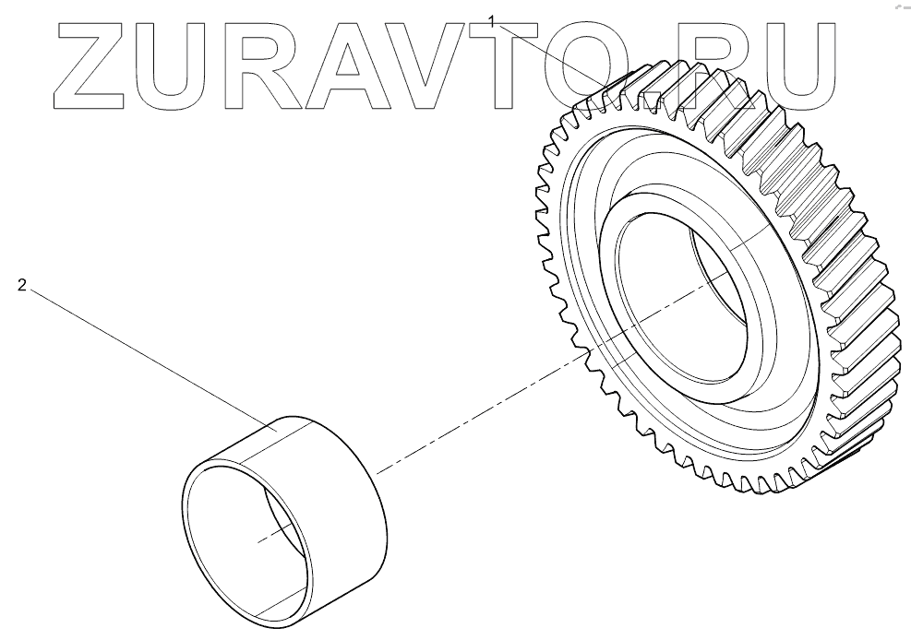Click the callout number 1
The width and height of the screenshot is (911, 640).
coord(493,19)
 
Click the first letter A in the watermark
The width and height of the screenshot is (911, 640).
coord(361,63)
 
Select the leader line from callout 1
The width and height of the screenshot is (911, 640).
coord(554,55)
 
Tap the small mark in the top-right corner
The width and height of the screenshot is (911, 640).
coord(896,7)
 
